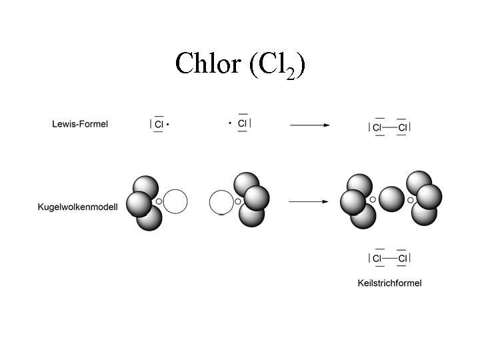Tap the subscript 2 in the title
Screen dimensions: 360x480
(290, 73)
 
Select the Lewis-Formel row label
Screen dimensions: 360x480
(80, 123)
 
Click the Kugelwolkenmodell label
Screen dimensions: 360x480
(77, 207)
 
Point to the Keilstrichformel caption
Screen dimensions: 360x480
(389, 283)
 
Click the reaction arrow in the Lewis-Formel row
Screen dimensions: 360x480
(309, 125)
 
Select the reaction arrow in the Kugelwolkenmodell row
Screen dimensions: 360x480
(309, 201)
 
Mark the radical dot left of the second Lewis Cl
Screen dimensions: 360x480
(229, 123)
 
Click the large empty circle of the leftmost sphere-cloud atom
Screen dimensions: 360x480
(175, 201)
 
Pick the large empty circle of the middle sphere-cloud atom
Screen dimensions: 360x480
(221, 202)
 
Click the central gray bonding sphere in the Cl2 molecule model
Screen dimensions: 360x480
(391, 199)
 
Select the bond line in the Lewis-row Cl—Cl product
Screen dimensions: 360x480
(389, 127)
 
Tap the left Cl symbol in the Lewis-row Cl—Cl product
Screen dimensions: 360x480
(377, 127)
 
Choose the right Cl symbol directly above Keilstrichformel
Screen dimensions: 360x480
(402, 258)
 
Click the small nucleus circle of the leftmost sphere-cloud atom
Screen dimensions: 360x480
(159, 201)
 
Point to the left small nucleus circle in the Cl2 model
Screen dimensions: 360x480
(373, 199)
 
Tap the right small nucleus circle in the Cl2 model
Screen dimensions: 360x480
(410, 199)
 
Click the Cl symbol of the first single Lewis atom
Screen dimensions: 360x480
(159, 125)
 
